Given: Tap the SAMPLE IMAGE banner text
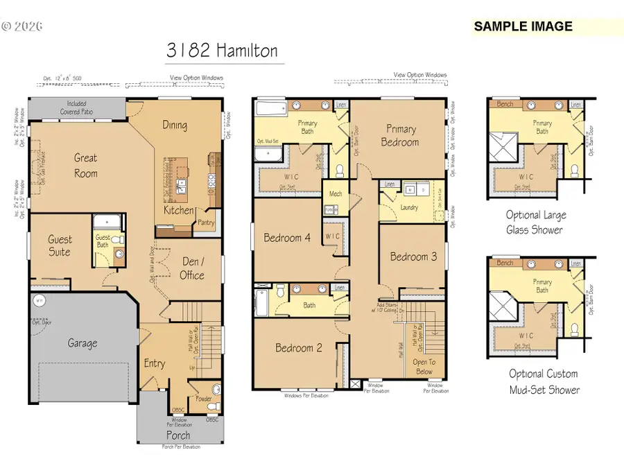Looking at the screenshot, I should (x=523, y=27).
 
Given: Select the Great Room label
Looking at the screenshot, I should (x=86, y=165).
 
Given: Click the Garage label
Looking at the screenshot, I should (x=82, y=343).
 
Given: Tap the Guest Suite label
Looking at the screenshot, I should (x=60, y=245).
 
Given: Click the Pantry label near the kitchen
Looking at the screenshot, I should (x=206, y=223).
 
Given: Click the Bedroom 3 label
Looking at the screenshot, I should (x=413, y=256).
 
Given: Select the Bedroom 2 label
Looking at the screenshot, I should (x=298, y=347).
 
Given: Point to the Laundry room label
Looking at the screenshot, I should (x=409, y=207).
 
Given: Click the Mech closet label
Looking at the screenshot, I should (x=336, y=194).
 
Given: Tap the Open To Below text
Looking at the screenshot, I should (x=424, y=366).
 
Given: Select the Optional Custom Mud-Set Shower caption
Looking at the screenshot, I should (x=543, y=381).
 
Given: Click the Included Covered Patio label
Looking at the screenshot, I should (x=77, y=107).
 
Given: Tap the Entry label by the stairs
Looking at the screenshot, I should (x=154, y=363).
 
